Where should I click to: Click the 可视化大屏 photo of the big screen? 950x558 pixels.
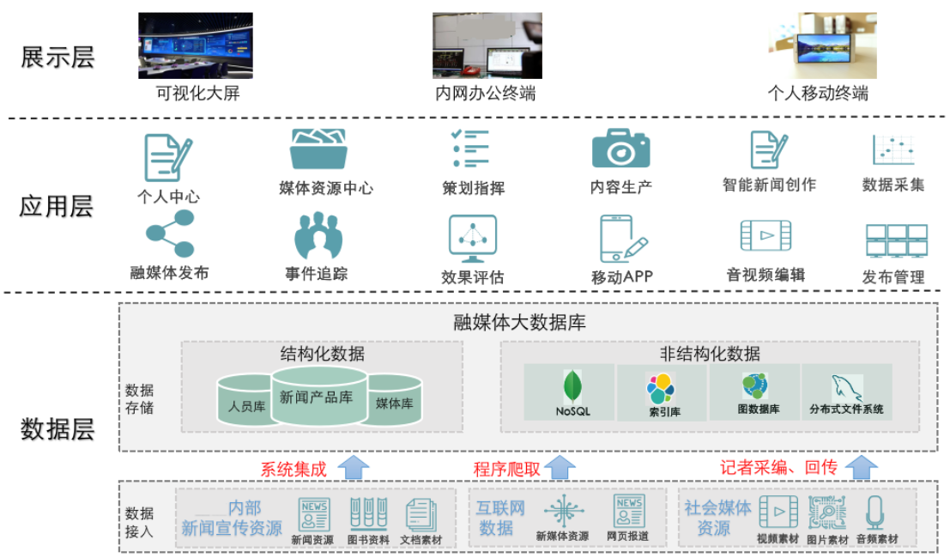click(x=196, y=45)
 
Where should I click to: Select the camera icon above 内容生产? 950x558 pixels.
click(x=620, y=149)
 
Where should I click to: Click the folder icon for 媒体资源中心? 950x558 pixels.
click(x=318, y=150)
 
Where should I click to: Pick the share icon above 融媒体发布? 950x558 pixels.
click(x=169, y=234)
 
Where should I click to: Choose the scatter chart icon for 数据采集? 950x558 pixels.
click(x=893, y=149)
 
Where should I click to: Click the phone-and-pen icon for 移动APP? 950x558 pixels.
click(x=621, y=238)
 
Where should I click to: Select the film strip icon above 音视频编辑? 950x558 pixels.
click(x=765, y=235)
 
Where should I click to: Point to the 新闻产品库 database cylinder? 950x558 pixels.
click(x=319, y=396)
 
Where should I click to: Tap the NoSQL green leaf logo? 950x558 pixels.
click(x=572, y=387)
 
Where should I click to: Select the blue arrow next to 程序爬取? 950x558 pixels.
click(x=560, y=468)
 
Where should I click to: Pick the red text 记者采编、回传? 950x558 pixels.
click(x=778, y=468)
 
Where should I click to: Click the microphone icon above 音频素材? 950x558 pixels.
click(x=875, y=513)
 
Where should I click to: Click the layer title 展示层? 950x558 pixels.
click(x=57, y=58)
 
